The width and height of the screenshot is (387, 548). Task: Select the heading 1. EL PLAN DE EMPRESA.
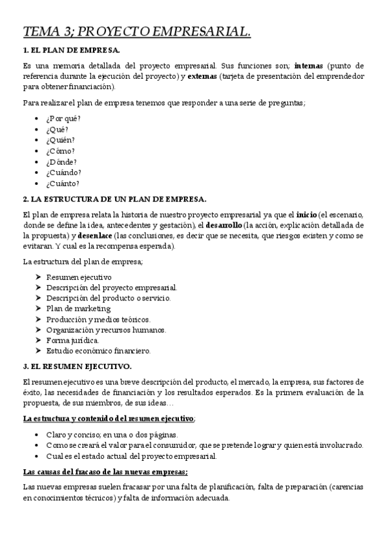71,50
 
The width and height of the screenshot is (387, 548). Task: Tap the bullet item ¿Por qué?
63,118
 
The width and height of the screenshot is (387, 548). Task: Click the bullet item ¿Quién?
60,140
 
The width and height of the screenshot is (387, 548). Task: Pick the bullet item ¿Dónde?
61,162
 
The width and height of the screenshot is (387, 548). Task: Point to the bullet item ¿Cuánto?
63,184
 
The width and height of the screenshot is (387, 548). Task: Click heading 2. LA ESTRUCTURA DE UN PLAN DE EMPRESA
114,198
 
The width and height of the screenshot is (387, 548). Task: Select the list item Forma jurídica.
72,340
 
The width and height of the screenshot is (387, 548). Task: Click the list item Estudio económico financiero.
98,351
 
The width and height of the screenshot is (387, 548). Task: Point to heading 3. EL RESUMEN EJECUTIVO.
77,366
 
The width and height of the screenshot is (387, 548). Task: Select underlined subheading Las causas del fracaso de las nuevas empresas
105,471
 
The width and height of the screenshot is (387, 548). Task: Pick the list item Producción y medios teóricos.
98,319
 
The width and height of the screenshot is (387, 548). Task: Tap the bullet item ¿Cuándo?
63,173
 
